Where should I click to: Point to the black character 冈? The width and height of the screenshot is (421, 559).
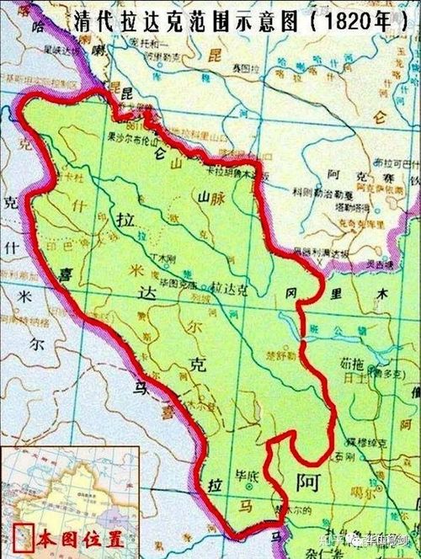click(x=291, y=295)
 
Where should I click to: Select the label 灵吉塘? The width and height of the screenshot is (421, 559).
click(x=370, y=268)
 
